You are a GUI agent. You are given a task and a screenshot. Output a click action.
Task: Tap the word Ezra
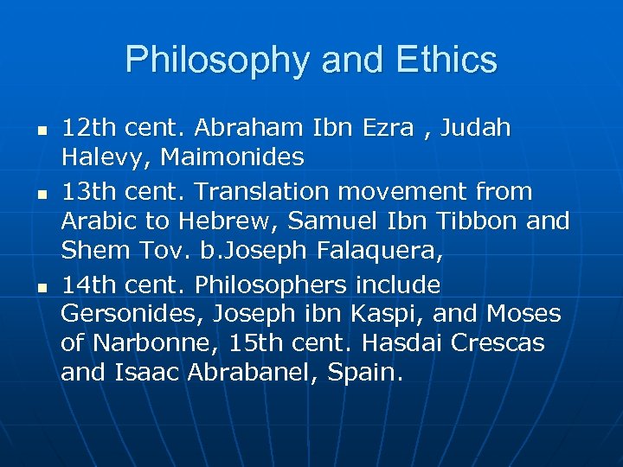coord(400,128)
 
